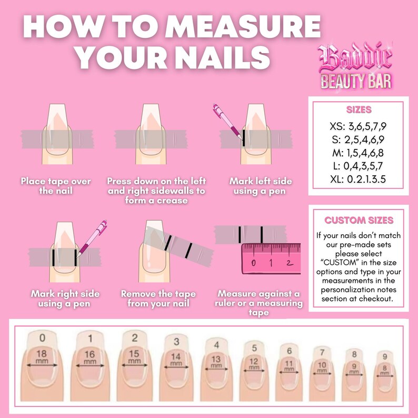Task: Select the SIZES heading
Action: pos(359,110)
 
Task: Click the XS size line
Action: pos(359,126)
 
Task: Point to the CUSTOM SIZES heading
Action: pos(359,220)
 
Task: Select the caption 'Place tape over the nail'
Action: pos(56,186)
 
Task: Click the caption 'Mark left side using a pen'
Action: pos(261,186)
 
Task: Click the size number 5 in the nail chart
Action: pos(254,348)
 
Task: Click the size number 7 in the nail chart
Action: pos(323,352)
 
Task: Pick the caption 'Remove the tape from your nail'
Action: pos(158,298)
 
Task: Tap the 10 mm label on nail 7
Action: pos(323,367)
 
